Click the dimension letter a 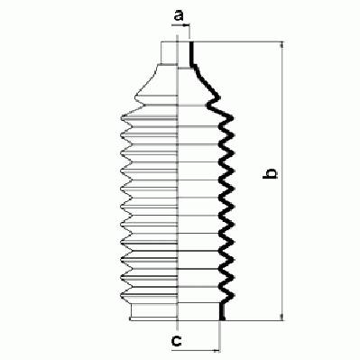[x=179, y=15]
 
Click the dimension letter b [x=270, y=173]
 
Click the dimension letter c [x=176, y=340]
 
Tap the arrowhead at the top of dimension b [x=282, y=45]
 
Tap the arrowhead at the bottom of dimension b [x=282, y=317]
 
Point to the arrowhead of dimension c [x=217, y=350]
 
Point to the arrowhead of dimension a [x=186, y=26]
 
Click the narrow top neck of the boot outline [x=170, y=53]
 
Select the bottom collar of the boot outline [x=153, y=312]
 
